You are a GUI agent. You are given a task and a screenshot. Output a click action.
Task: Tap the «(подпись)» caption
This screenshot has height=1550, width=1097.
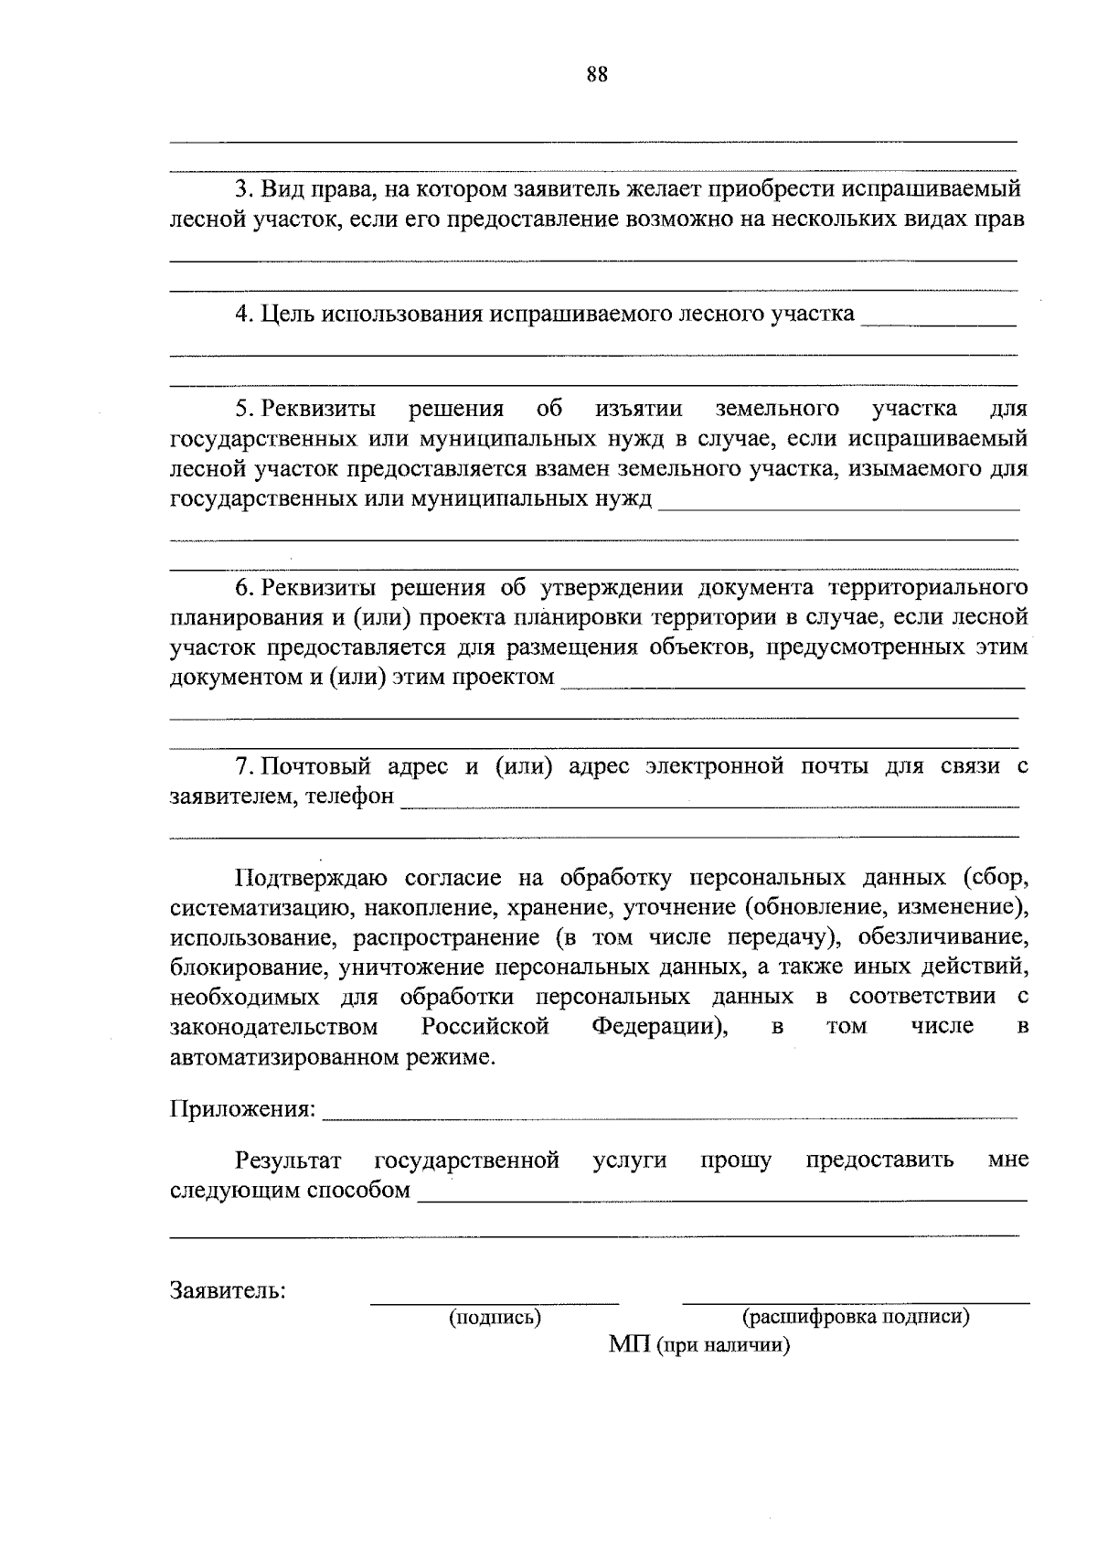[495, 1318]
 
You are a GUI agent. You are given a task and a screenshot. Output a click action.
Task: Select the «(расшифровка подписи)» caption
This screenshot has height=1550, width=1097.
[856, 1317]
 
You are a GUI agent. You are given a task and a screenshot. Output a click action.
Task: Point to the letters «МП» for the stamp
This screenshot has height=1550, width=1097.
[629, 1345]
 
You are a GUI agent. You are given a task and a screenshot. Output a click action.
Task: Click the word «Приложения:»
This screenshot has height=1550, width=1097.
[243, 1110]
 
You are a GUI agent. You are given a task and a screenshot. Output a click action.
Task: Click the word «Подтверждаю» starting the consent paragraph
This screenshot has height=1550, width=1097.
[312, 879]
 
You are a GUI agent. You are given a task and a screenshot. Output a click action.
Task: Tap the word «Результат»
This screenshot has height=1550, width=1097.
[289, 1160]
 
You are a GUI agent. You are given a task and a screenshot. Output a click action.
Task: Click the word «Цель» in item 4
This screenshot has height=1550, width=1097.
[282, 315]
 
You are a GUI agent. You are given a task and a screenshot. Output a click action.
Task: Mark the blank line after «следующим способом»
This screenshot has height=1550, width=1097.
[721, 1197]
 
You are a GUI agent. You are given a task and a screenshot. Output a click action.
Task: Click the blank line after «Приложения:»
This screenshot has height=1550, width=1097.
[670, 1116]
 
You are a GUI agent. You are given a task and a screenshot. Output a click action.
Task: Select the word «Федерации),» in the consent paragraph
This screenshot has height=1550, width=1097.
[660, 1027]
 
